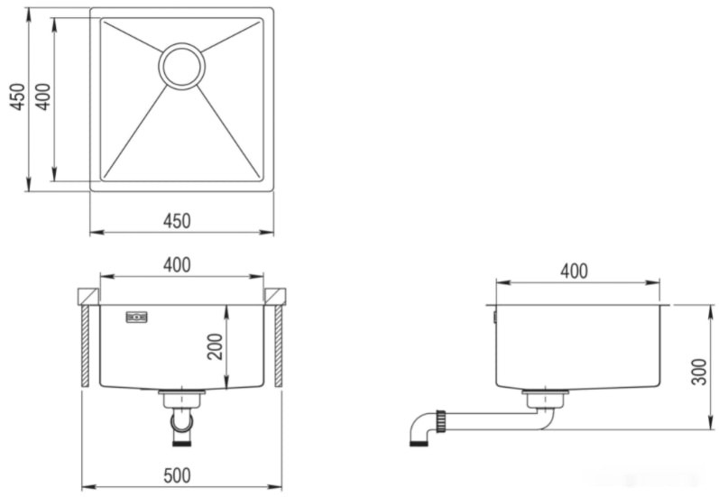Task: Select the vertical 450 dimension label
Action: coord(17,97)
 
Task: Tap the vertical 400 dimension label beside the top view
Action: coord(43,97)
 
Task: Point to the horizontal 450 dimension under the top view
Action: coord(177,221)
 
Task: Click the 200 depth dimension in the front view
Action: coord(215,346)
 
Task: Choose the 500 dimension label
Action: coord(177,475)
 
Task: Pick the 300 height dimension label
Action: coord(699,373)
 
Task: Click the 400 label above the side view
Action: coord(574,272)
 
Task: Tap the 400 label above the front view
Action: coord(177,265)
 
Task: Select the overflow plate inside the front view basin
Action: coord(136,317)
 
